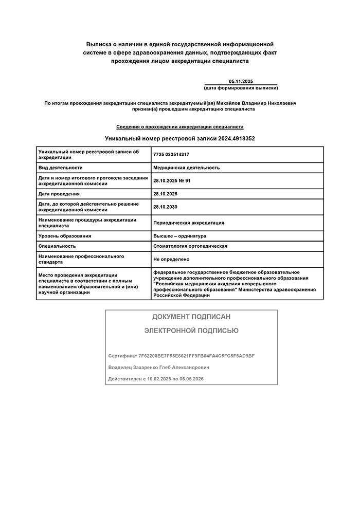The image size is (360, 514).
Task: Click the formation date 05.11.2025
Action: pyautogui.click(x=241, y=82)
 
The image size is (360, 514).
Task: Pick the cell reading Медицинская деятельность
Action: pyautogui.click(x=186, y=168)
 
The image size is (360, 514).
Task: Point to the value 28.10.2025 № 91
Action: pyautogui.click(x=172, y=180)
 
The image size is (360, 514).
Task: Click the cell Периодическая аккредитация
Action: pyautogui.click(x=189, y=223)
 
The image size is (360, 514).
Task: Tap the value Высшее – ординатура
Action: pyautogui.click(x=179, y=236)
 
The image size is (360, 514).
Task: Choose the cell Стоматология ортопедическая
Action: pyautogui.click(x=190, y=246)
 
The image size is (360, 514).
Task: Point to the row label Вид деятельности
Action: pyautogui.click(x=61, y=168)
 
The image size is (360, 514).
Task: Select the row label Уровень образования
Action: pyautogui.click(x=65, y=236)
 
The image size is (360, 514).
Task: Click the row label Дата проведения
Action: pyautogui.click(x=59, y=194)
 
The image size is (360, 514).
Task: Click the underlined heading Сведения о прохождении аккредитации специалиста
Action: pyautogui.click(x=180, y=126)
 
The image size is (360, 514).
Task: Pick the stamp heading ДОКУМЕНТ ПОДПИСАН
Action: pyautogui.click(x=191, y=317)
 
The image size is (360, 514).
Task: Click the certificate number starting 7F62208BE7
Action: pyautogui.click(x=197, y=356)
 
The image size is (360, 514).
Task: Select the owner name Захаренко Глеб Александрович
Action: pyautogui.click(x=174, y=368)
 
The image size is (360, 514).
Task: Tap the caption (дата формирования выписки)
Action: pyautogui.click(x=241, y=88)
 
